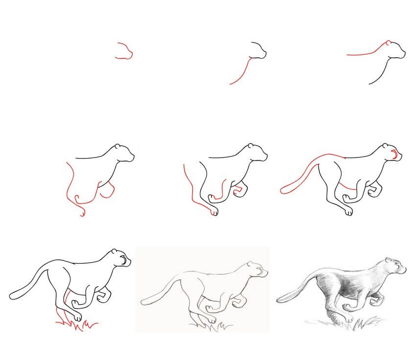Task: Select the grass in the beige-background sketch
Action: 215,323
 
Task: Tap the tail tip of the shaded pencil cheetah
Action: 279,297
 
